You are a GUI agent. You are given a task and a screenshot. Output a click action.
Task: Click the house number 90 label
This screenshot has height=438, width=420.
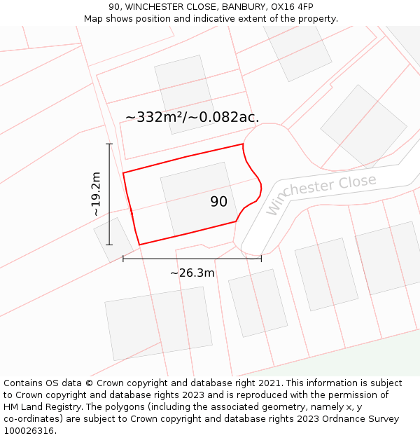[218, 202]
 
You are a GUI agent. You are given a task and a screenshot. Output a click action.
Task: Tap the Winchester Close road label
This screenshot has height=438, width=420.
[321, 193]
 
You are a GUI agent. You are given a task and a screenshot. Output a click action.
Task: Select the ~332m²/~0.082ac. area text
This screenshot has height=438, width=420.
[192, 118]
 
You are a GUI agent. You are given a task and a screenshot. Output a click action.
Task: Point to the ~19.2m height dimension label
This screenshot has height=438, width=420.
[96, 194]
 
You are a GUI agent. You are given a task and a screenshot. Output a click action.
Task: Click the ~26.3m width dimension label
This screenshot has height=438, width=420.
[192, 273]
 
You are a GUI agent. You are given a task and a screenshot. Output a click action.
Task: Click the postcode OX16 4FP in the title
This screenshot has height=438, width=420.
[291, 7]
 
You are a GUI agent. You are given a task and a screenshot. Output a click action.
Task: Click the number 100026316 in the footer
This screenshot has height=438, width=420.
[29, 431]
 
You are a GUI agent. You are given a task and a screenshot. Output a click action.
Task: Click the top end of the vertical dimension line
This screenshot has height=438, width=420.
[109, 144]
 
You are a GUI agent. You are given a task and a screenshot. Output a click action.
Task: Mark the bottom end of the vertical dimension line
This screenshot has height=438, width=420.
[109, 245]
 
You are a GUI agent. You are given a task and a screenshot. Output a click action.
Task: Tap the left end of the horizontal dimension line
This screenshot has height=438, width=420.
[123, 259]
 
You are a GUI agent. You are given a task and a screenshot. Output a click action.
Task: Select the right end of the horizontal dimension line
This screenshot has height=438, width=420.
[261, 259]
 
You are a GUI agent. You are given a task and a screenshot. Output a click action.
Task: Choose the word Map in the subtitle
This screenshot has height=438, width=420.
[94, 19]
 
